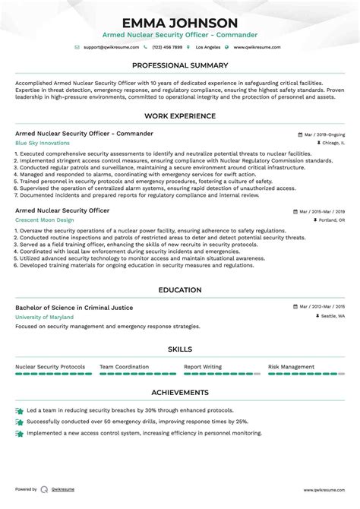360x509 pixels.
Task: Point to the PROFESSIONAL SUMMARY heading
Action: [x=179, y=66]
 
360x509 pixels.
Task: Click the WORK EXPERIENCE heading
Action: [x=179, y=115]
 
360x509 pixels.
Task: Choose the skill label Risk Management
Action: [x=291, y=366]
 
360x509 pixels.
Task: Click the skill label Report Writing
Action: [x=203, y=366]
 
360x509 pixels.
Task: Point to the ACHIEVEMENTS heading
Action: [x=179, y=393]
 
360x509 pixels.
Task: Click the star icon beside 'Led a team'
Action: [x=19, y=410]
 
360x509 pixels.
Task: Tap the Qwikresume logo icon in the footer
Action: [x=45, y=490]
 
